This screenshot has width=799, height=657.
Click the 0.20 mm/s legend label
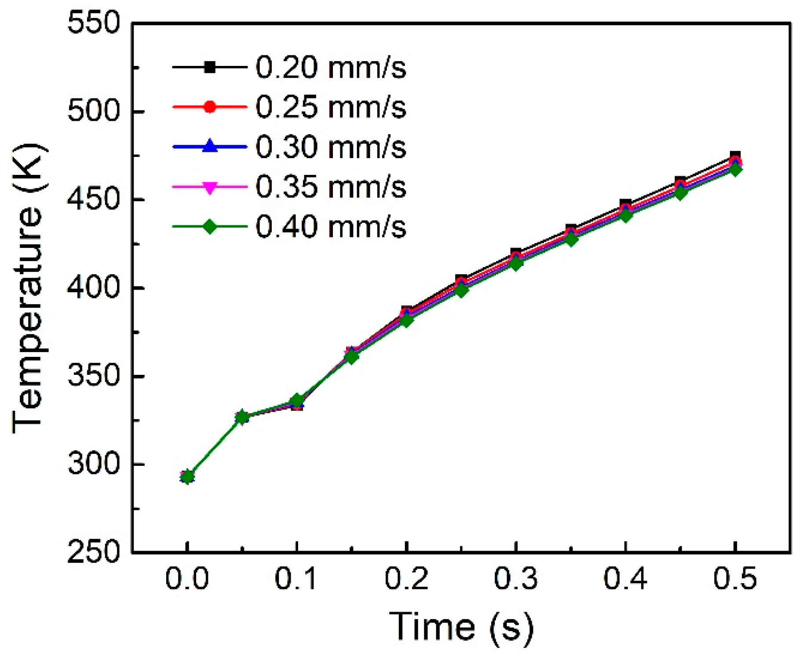[331, 68]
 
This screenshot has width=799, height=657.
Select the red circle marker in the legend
[210, 107]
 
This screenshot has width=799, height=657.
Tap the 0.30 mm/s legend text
[331, 147]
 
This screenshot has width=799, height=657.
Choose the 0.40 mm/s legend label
[331, 228]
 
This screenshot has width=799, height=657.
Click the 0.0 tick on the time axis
[187, 578]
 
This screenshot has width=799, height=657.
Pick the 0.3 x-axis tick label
[515, 578]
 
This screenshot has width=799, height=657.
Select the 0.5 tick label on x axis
[734, 578]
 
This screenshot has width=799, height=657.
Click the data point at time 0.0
[187, 477]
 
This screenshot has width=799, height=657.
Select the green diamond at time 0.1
[297, 401]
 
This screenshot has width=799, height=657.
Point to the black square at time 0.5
[735, 156]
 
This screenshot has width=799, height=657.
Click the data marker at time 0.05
[242, 417]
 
